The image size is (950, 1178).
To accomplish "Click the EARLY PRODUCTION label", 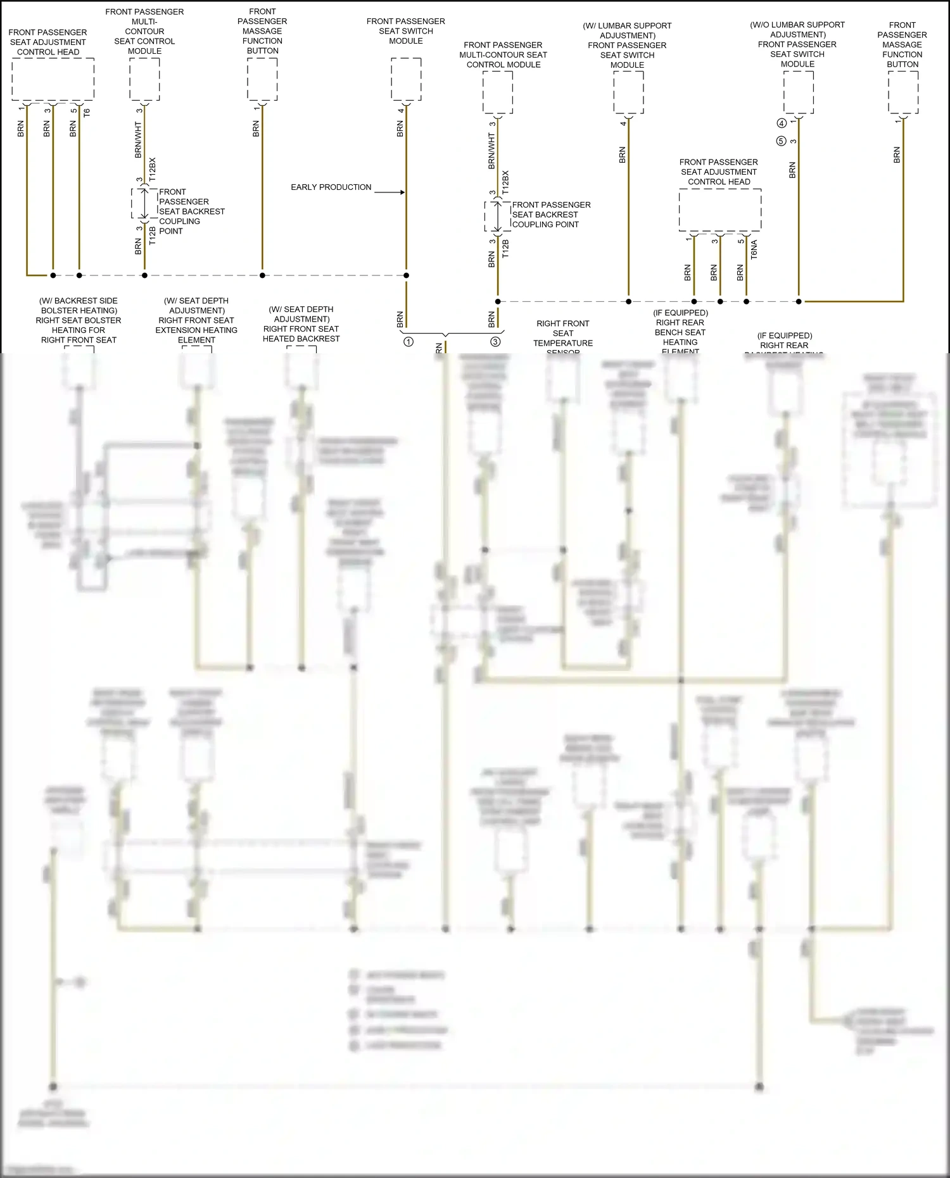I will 331,187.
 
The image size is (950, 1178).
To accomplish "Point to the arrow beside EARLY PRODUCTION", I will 389,192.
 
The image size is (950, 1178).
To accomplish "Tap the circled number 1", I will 408,342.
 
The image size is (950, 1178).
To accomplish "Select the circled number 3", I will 495,342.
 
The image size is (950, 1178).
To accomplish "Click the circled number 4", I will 782,123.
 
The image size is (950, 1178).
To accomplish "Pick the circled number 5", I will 782,141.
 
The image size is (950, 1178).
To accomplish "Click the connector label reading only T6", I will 87,113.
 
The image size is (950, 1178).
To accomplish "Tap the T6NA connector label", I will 754,249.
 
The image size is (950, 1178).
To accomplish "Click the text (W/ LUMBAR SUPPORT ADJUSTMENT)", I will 627,30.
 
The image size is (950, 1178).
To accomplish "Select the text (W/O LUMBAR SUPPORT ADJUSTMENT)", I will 797,30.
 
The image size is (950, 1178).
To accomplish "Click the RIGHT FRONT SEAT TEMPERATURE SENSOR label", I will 563,337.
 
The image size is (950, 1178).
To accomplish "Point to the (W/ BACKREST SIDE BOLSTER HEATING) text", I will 79,306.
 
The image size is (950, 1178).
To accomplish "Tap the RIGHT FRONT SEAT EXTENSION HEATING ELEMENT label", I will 196,330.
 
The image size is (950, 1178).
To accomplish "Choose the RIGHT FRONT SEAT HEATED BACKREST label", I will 301,334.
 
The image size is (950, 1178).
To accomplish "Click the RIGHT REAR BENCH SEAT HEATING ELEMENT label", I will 680,337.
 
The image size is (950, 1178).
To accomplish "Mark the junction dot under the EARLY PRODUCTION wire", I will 406,275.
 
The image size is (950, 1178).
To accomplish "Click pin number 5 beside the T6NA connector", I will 740,241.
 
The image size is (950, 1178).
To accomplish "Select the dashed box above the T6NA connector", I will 719,210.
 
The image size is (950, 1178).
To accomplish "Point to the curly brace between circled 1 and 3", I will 446,333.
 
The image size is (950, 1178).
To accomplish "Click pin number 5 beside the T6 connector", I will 73,111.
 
